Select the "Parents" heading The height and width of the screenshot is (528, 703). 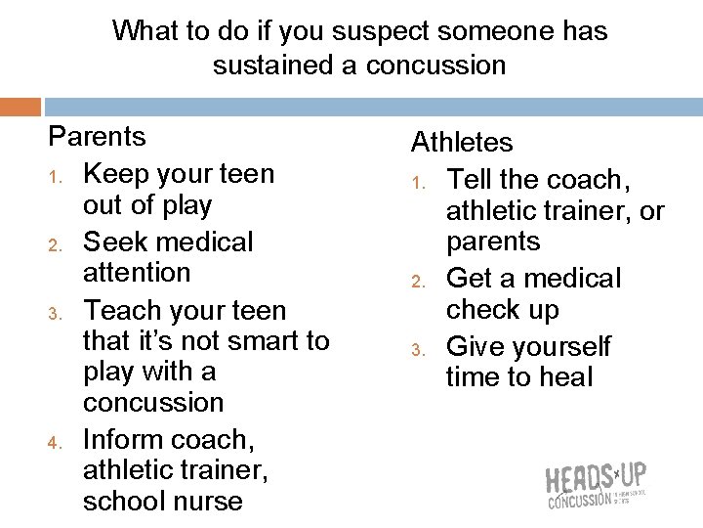coord(97,137)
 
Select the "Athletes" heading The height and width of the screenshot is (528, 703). coord(461,143)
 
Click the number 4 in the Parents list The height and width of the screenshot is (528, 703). coord(56,442)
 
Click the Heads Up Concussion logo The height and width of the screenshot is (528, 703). coord(595,487)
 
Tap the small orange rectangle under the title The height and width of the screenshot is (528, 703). coord(21,107)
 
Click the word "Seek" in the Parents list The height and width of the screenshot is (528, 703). coord(113,242)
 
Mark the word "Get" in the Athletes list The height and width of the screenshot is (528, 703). coord(469,279)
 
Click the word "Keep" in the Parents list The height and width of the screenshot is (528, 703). coord(117,174)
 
